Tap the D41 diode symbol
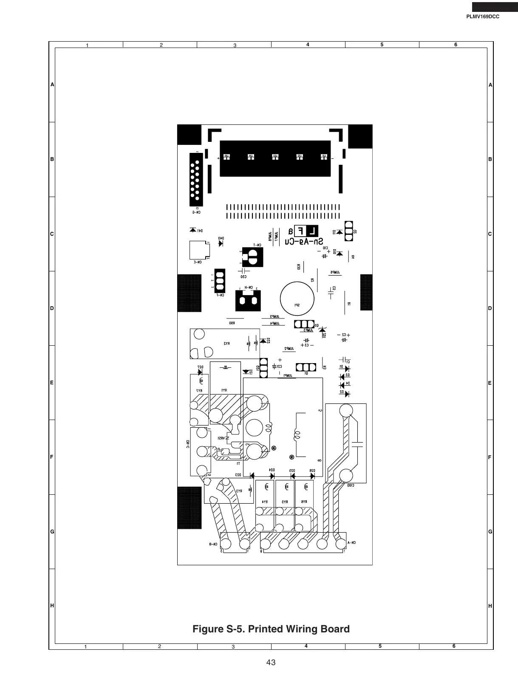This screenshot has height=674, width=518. click(193, 230)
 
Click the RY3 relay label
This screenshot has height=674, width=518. click(239, 491)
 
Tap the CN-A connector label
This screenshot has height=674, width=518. click(351, 542)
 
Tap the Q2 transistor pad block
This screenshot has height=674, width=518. click(349, 231)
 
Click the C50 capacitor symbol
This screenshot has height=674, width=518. click(245, 270)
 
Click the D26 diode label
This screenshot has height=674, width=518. click(311, 470)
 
